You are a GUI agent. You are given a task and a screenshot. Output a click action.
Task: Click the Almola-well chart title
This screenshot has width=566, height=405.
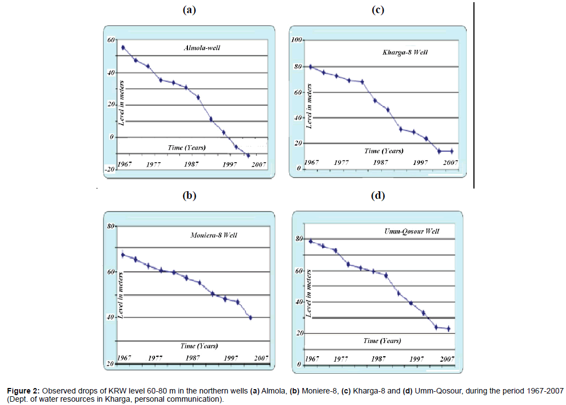coord(205,48)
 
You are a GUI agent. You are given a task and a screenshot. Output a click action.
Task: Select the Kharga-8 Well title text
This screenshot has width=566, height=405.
coord(405,52)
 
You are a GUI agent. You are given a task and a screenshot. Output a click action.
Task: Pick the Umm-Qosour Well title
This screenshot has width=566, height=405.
coord(412,231)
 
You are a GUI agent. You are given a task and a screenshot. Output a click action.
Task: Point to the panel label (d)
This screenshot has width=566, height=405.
coord(379,195)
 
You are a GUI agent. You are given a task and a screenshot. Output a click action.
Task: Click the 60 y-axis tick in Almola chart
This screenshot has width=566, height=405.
coord(111,41)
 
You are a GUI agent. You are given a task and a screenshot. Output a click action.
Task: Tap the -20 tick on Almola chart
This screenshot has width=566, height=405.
coord(109,169)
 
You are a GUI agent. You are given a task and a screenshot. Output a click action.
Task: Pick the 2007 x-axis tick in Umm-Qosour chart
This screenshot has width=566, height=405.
coord(447,358)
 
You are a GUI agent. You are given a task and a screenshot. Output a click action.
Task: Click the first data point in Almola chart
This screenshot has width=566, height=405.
coord(123,48)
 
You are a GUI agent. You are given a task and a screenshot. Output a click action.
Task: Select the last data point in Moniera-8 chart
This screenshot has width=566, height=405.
coord(250,317)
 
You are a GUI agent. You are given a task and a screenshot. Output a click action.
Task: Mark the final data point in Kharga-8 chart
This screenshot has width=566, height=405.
coord(451,151)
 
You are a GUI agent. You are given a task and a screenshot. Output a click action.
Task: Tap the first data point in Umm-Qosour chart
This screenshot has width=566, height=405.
coord(311,241)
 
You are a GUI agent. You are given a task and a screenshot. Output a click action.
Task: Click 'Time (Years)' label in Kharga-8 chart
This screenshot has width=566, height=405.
coord(384,151)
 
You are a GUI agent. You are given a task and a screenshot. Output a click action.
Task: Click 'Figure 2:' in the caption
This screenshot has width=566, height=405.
coord(23,391)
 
